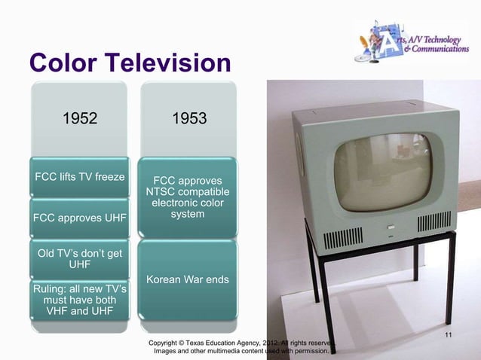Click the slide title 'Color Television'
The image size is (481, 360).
click(129, 63)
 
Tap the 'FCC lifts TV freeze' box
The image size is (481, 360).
click(80, 178)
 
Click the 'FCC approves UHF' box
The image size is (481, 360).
click(80, 219)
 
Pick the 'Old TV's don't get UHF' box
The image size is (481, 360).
click(80, 258)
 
